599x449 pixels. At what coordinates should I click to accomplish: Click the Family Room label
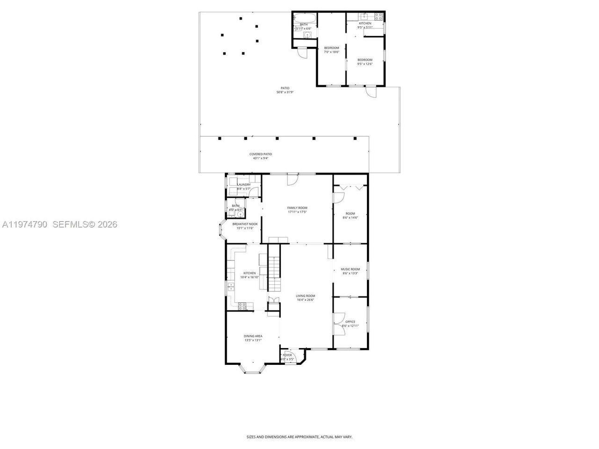click(x=297, y=208)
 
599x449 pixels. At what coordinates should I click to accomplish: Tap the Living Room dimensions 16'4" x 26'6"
click(x=305, y=300)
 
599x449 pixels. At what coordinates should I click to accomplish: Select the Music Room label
click(x=350, y=269)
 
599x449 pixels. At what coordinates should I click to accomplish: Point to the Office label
click(x=350, y=322)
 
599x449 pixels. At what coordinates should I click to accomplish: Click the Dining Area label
click(x=253, y=336)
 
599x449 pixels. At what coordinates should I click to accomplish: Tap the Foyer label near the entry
click(x=287, y=355)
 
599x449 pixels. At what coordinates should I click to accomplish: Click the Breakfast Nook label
click(x=245, y=224)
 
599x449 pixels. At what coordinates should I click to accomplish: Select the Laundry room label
click(x=244, y=185)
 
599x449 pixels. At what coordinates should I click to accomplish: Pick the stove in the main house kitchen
click(x=242, y=306)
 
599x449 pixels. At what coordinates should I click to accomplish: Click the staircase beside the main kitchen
click(x=273, y=274)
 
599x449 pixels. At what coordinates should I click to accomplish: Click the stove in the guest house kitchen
click(x=378, y=16)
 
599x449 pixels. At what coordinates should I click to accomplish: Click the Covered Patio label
click(x=260, y=154)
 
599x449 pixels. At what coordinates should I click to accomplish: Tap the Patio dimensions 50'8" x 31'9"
click(x=285, y=92)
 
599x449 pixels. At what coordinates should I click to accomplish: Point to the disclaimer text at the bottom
click(x=299, y=437)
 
